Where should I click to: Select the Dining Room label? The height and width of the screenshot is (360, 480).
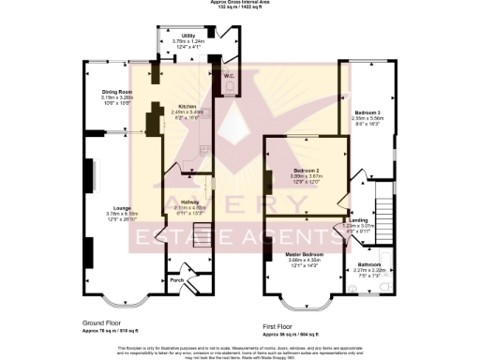coord(118,92)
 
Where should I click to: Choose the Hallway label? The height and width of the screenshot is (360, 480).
coord(188,202)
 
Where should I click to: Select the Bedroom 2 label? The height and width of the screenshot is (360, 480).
coord(295,171)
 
